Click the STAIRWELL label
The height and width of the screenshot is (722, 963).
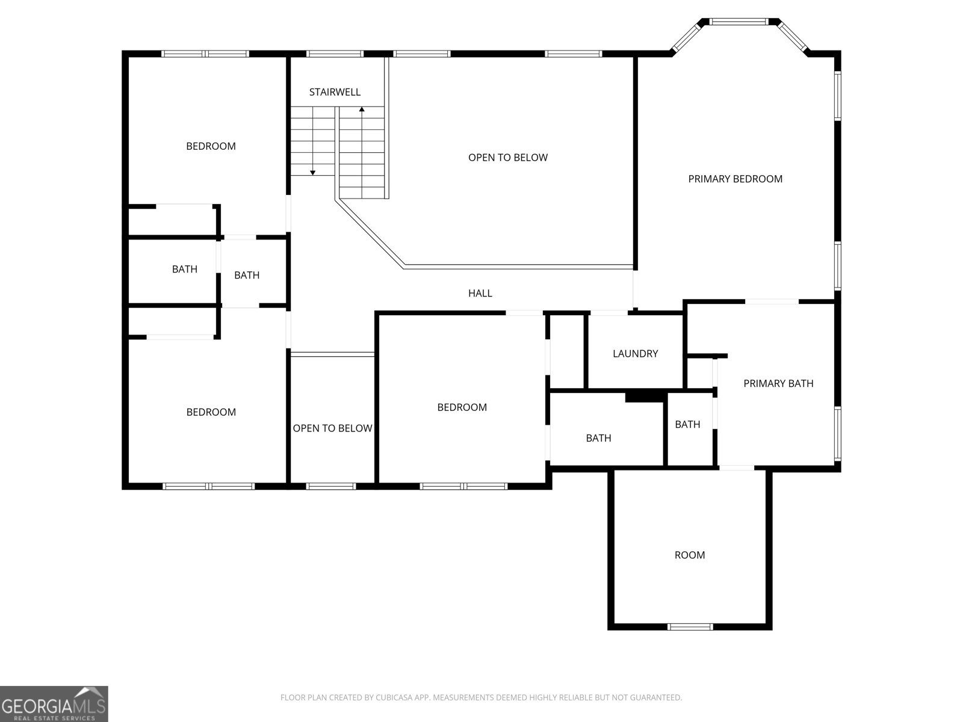(335, 92)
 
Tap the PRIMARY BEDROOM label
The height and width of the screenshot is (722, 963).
(735, 179)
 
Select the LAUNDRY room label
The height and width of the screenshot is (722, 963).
(635, 354)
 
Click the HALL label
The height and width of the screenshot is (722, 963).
(480, 294)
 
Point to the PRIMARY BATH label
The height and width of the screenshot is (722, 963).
(778, 384)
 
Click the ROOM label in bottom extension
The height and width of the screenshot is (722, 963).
(689, 555)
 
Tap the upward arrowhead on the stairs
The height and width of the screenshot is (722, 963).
(362, 110)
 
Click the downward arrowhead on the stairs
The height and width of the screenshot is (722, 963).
(312, 173)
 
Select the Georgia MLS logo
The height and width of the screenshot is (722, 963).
(54, 703)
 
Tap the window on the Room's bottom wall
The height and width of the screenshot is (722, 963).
(690, 626)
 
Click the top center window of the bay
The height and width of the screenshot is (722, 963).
(739, 22)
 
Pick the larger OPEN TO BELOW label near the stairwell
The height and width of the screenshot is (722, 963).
(507, 158)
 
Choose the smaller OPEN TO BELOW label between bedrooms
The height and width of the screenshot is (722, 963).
(332, 428)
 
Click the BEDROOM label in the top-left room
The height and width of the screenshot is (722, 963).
(211, 146)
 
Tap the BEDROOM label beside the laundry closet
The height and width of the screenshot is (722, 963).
(462, 407)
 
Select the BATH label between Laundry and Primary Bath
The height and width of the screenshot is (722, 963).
(687, 425)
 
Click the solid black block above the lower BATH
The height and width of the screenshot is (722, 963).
(644, 396)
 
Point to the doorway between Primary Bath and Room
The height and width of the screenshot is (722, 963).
(737, 467)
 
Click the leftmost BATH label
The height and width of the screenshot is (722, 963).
(184, 270)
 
